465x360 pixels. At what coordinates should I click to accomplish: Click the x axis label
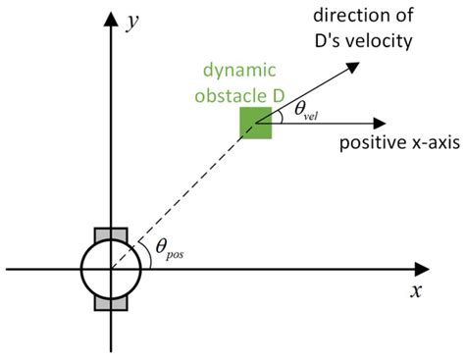tap(416, 291)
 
